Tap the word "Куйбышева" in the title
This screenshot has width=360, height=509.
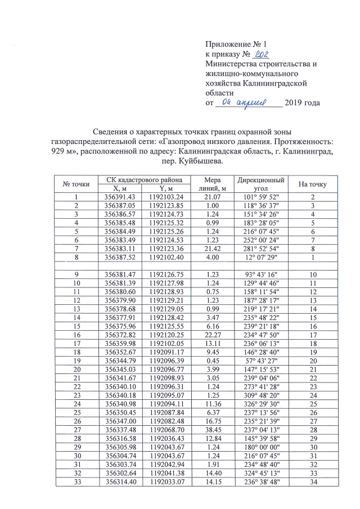[x=199, y=161]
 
